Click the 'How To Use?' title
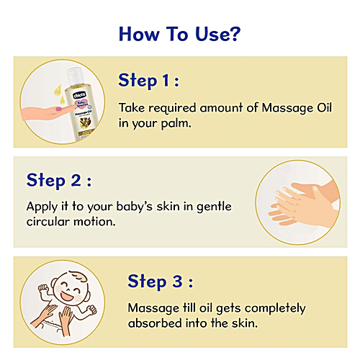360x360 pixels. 179,34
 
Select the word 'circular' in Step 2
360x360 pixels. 50,221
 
